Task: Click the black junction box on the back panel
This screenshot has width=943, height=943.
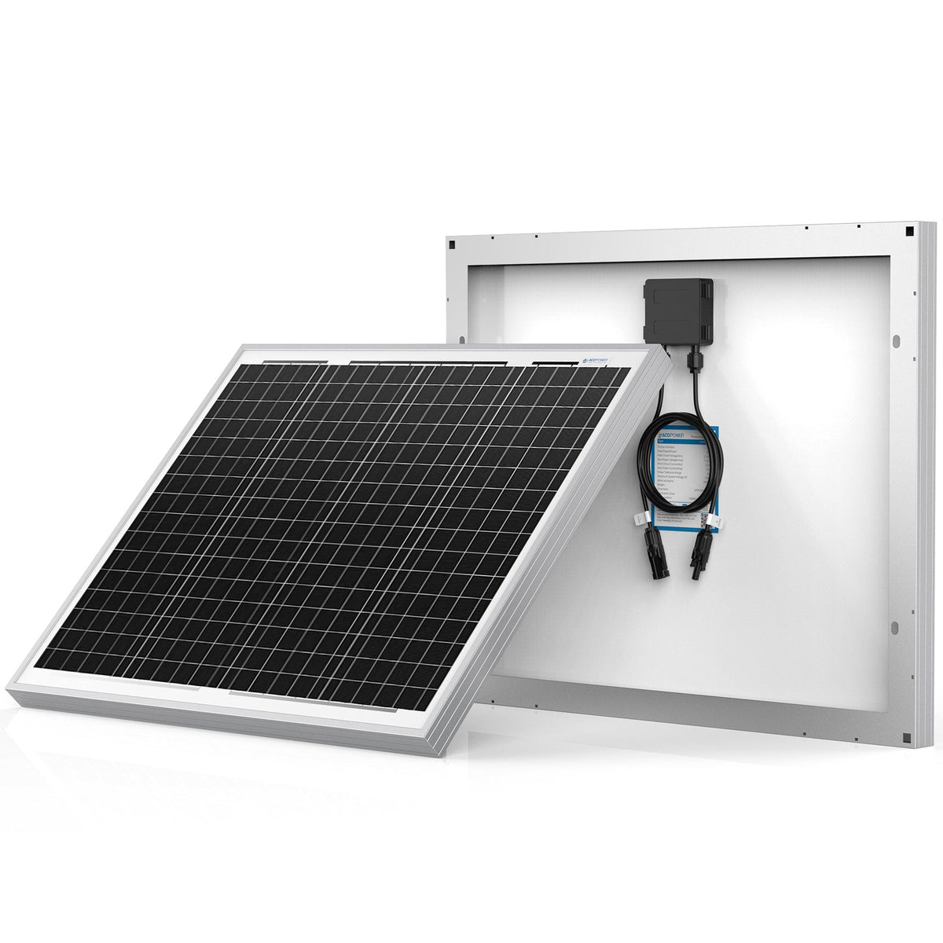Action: pyautogui.click(x=678, y=310)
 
